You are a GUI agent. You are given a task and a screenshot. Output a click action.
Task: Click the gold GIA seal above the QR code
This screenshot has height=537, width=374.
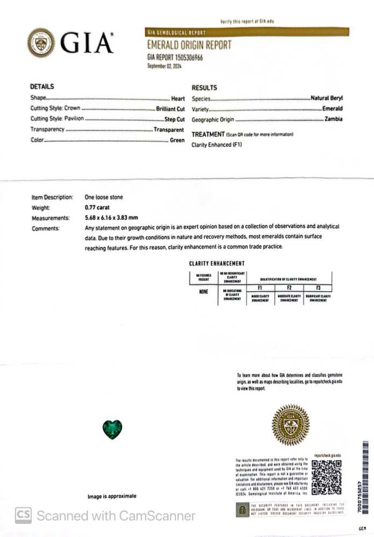coord(291,425)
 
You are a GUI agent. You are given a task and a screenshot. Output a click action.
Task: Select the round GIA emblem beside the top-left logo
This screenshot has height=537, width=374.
coord(41,42)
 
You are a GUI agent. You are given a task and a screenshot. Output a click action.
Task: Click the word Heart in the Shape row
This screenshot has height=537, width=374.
coord(178,99)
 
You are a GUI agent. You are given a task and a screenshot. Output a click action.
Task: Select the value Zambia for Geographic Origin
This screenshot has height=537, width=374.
coord(333,119)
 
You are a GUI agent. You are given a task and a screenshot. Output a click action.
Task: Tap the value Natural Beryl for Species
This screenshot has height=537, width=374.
coord(326,99)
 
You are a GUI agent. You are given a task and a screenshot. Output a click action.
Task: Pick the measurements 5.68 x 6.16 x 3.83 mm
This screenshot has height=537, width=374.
coord(111,218)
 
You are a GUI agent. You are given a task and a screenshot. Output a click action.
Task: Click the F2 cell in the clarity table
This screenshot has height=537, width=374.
coord(289,288)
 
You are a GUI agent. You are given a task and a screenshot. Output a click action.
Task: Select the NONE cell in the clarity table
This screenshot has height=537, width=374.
coord(203,292)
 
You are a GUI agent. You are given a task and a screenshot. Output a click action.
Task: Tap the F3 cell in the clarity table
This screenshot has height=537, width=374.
coord(317,288)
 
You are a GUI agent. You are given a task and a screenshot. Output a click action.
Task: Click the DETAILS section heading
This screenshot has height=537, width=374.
coord(42,87)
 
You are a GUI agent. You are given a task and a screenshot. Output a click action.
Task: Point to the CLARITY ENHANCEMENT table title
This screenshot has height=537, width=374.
coord(217,263)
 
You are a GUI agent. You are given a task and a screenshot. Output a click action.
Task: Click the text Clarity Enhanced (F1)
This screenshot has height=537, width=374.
coord(217,145)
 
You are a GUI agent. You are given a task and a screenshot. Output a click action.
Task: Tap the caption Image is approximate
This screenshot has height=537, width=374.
coord(112,496)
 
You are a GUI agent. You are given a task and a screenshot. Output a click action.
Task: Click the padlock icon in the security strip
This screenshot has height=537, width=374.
coord(243,509)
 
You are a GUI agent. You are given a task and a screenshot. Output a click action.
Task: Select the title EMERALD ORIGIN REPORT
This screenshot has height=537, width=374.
coord(189,45)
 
